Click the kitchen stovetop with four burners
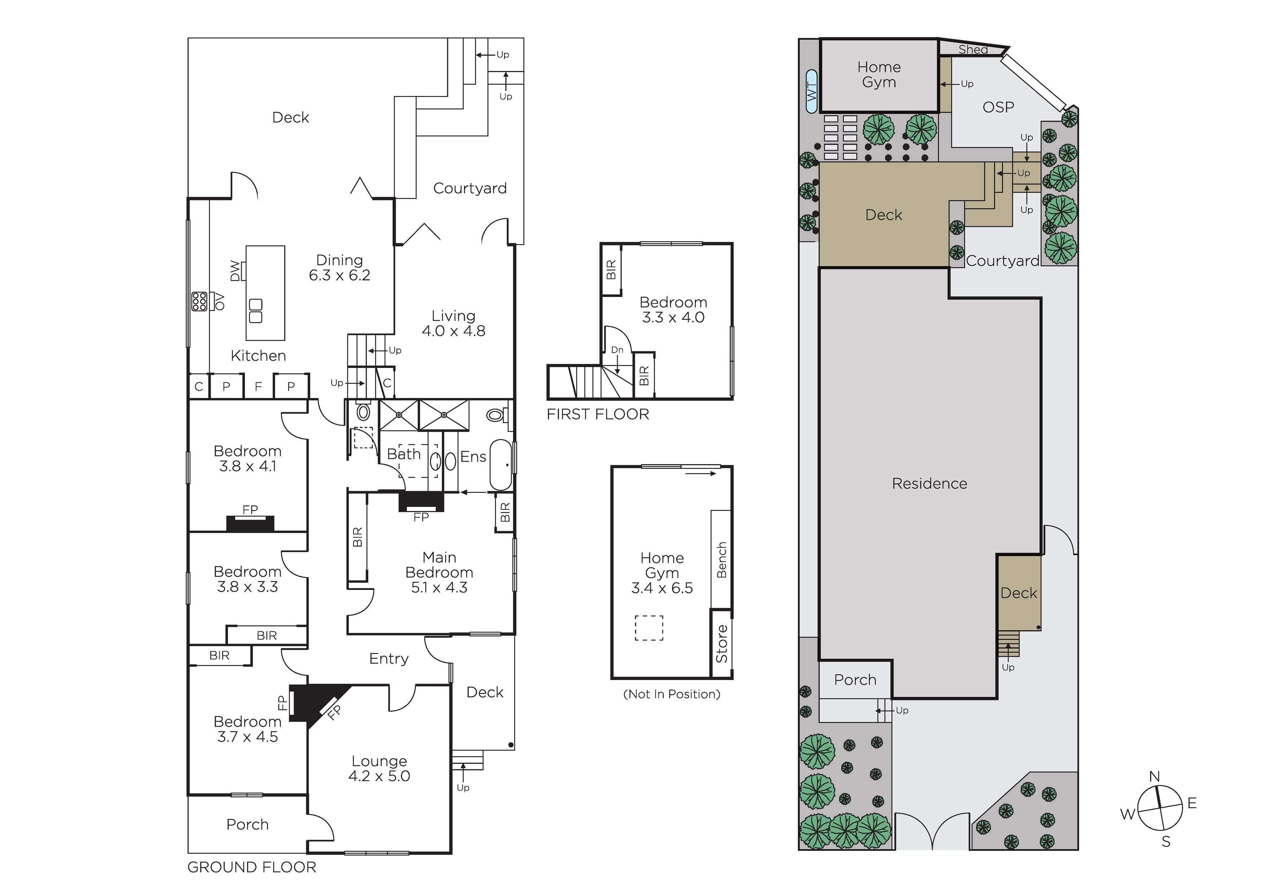click(199, 301)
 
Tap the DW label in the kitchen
click(235, 271)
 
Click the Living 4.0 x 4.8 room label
click(453, 323)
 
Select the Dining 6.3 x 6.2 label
click(339, 267)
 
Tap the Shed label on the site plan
click(973, 49)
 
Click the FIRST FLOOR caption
click(598, 414)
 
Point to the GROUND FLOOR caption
click(252, 867)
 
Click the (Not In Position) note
click(672, 694)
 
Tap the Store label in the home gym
click(721, 644)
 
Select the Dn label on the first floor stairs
click(617, 350)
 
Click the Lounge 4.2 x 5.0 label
click(379, 769)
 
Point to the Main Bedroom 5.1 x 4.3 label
click(439, 573)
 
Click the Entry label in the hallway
click(389, 659)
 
